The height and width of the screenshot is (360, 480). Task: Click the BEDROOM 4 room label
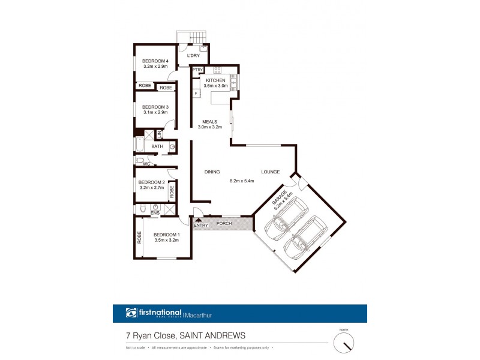155,61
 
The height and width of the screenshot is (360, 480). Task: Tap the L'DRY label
193,56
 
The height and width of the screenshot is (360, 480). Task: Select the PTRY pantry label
197,70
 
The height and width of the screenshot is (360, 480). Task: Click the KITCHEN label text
215,80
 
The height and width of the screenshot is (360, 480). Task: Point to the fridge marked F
196,93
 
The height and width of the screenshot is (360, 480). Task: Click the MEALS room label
209,122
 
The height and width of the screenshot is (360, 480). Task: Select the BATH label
157,146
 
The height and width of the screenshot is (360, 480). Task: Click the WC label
146,163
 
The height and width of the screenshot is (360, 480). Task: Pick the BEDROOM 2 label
151,182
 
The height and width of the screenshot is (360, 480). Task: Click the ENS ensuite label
155,212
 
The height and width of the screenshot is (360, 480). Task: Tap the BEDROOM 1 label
166,235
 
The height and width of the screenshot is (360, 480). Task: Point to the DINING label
212,172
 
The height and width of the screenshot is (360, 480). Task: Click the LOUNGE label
270,172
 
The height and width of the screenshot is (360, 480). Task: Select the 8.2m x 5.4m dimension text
242,181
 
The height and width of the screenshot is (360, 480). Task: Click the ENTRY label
200,224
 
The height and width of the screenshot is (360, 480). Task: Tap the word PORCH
224,224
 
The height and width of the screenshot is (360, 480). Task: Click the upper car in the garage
287,218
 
